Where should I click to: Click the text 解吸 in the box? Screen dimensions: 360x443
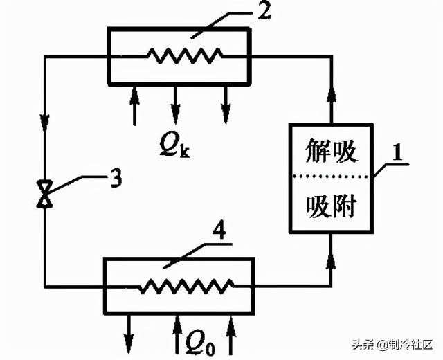tap(331, 152)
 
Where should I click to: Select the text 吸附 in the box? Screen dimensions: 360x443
tap(331, 206)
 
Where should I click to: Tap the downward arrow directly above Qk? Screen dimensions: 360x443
tap(175, 104)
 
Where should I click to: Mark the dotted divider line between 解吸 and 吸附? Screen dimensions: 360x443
tap(331, 178)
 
